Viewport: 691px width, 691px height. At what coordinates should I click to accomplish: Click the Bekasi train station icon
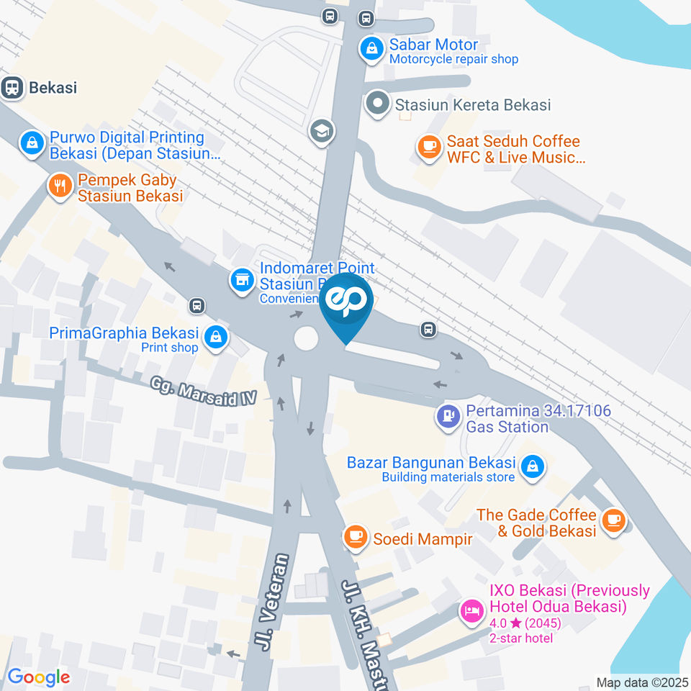[12, 88]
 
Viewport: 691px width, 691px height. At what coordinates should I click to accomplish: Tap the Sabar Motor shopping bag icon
[371, 49]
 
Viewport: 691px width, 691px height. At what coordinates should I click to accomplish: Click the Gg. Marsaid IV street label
[204, 392]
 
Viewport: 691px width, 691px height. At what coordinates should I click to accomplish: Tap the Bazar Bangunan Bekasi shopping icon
[533, 466]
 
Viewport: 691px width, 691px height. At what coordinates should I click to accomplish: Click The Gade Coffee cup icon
[613, 520]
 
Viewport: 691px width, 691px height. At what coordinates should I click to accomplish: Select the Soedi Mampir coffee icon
[355, 536]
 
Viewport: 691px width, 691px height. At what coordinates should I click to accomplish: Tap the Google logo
[38, 677]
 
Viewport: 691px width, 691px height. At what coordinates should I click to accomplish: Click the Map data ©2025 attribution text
[643, 682]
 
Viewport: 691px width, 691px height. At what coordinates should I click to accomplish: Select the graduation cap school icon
[322, 130]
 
